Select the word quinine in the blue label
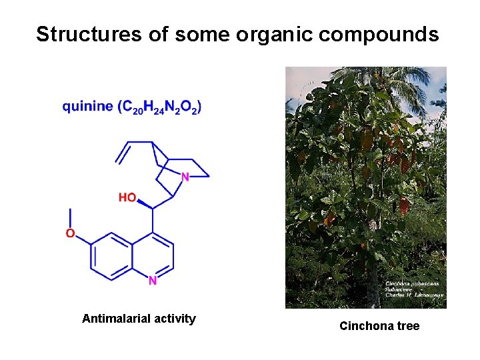(87, 107)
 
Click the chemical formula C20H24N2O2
(159, 107)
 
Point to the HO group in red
(127, 198)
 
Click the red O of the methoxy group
(70, 234)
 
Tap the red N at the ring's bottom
(153, 281)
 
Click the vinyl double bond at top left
(122, 152)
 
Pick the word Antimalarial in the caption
(115, 319)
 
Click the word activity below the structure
(173, 319)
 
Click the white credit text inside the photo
(413, 289)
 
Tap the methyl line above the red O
(70, 217)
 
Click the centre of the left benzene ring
(111, 255)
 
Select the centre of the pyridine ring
(153, 255)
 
